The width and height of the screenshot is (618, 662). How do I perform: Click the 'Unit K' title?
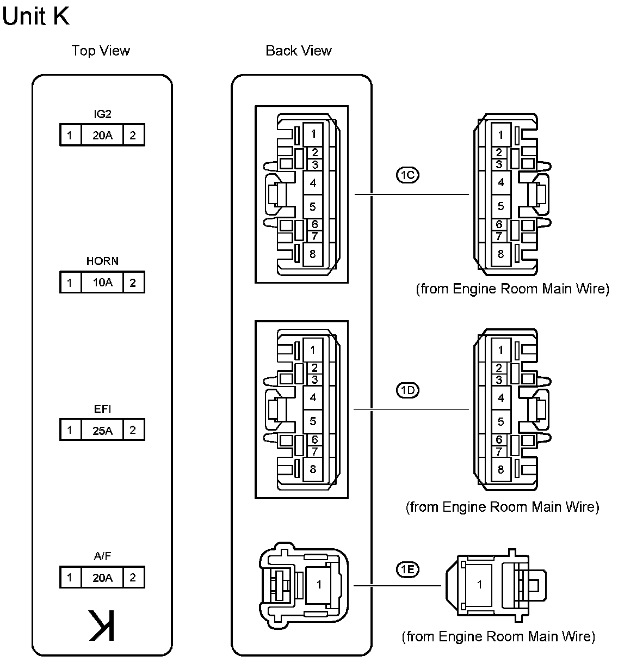click(36, 16)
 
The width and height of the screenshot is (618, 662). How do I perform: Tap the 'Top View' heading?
click(101, 51)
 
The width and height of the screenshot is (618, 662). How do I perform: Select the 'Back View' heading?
click(299, 51)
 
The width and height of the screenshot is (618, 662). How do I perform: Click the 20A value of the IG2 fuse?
click(102, 135)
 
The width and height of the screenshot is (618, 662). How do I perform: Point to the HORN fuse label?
click(102, 261)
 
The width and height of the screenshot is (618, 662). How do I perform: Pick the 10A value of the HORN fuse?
click(102, 283)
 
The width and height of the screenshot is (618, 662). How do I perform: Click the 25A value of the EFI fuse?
click(102, 430)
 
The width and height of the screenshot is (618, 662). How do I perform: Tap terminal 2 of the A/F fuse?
click(133, 578)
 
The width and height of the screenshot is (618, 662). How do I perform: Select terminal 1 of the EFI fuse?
click(70, 430)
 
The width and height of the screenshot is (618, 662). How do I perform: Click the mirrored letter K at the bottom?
click(102, 626)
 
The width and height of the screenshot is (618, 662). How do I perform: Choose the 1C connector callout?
click(407, 175)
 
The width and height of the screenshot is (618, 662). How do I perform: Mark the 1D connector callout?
click(407, 390)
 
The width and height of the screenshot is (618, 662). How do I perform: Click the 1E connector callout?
click(407, 569)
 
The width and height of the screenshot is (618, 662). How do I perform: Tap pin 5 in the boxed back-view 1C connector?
click(313, 207)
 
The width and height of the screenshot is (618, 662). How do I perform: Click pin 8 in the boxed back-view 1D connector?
click(313, 469)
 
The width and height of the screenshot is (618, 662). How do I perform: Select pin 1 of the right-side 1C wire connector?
click(501, 134)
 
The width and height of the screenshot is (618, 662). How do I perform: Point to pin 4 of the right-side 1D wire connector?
click(501, 398)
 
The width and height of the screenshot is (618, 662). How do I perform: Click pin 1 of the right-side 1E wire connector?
click(479, 585)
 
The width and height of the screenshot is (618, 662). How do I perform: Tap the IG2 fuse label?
click(102, 114)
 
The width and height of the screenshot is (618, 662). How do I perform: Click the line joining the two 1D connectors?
click(411, 409)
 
